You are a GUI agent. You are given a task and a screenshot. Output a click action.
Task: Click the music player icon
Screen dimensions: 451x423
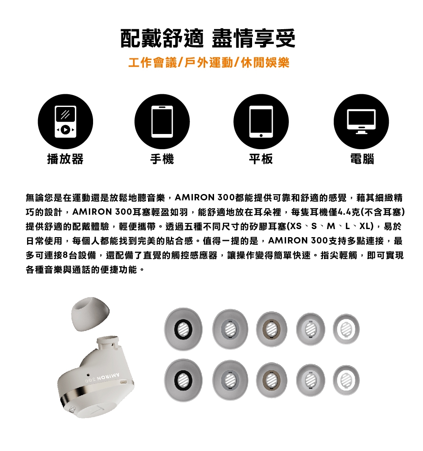tap(65, 121)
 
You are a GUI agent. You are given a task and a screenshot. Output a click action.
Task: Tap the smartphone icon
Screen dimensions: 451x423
tap(162, 121)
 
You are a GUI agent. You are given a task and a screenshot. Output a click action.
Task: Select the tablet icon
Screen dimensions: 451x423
tap(261, 121)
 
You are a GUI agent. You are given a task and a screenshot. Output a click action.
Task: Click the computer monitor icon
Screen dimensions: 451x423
tap(361, 121)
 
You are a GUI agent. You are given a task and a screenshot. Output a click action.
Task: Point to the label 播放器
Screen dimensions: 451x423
tap(65, 159)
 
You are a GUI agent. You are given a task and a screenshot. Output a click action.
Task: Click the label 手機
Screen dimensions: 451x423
tap(162, 159)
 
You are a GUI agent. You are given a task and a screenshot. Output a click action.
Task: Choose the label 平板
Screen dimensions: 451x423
tap(261, 159)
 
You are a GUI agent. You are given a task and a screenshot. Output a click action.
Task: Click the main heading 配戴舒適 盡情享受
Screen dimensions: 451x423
tap(208, 38)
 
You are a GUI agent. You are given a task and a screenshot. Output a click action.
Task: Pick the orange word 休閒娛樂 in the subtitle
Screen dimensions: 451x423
tap(265, 63)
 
